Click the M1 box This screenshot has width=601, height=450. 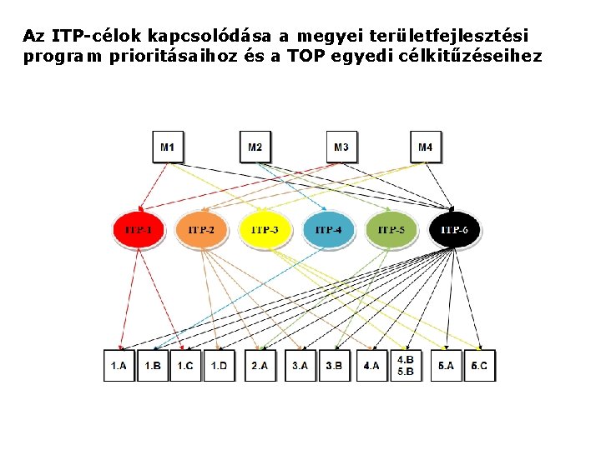click(168, 147)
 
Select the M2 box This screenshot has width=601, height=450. click(255, 147)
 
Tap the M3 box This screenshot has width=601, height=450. click(341, 147)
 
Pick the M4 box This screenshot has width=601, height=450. click(426, 147)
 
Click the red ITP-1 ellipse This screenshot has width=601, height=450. click(138, 229)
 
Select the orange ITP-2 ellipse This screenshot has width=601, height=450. click(201, 229)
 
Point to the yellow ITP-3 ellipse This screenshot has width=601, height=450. click(265, 229)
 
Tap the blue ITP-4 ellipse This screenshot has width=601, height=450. click(328, 229)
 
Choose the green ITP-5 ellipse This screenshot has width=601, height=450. click(391, 229)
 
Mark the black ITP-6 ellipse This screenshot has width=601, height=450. click(454, 229)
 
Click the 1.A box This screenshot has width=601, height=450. click(119, 366)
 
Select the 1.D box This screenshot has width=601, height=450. click(219, 366)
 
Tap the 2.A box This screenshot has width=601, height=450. click(261, 366)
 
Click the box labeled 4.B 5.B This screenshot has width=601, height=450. click(405, 366)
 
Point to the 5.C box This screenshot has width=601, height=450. click(479, 366)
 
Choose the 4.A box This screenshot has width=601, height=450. click(371, 366)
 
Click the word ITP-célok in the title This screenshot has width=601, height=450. click(96, 37)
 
